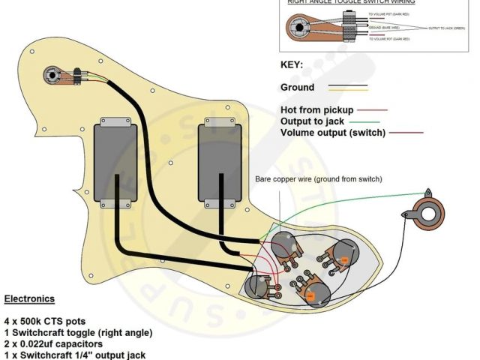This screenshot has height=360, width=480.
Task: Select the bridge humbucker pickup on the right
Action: click(x=219, y=161)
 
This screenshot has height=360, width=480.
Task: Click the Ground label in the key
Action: click(x=298, y=88)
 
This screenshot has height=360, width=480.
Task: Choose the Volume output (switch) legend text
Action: click(x=332, y=133)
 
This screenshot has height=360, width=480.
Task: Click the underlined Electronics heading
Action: click(x=29, y=298)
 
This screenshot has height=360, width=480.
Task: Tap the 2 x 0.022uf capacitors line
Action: click(x=61, y=343)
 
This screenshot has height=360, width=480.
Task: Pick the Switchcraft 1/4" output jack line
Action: click(x=75, y=355)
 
